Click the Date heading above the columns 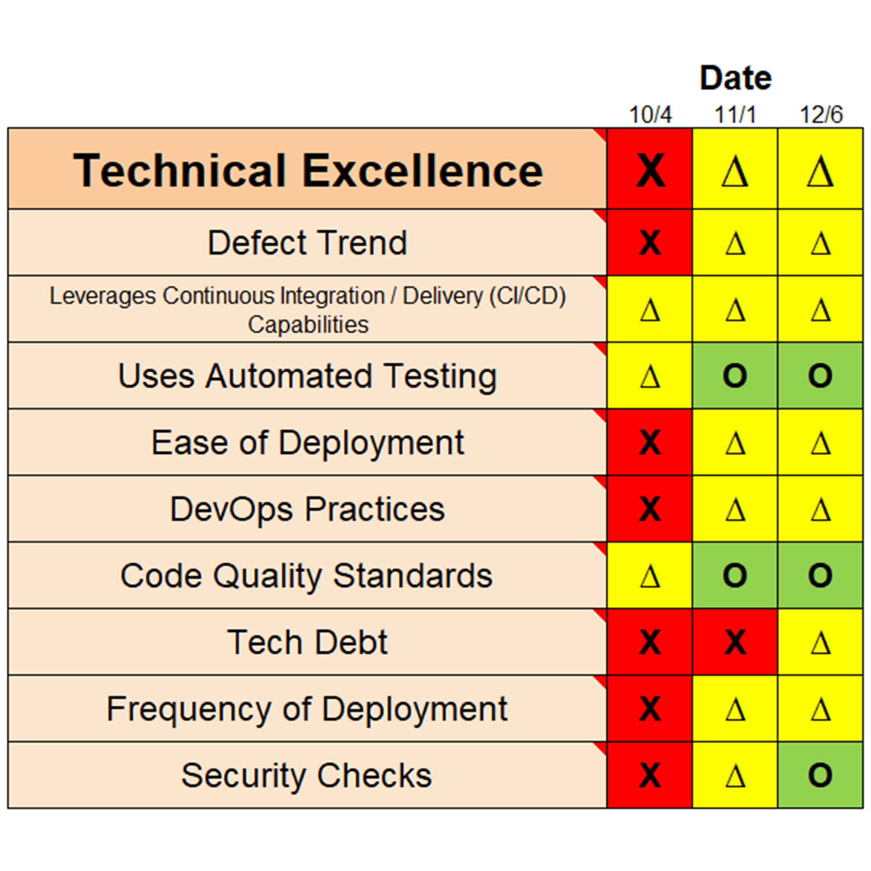[735, 78]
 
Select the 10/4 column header [650, 115]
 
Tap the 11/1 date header [735, 115]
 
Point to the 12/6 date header [821, 115]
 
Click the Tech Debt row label [307, 642]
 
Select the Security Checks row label [307, 776]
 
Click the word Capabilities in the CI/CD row [308, 324]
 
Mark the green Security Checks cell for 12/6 [821, 775]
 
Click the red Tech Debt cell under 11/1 [735, 642]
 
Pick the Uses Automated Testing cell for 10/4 [650, 376]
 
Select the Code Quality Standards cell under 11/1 [735, 576]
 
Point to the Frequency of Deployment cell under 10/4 [650, 709]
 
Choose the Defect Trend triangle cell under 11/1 [735, 242]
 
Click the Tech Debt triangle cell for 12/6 [821, 642]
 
